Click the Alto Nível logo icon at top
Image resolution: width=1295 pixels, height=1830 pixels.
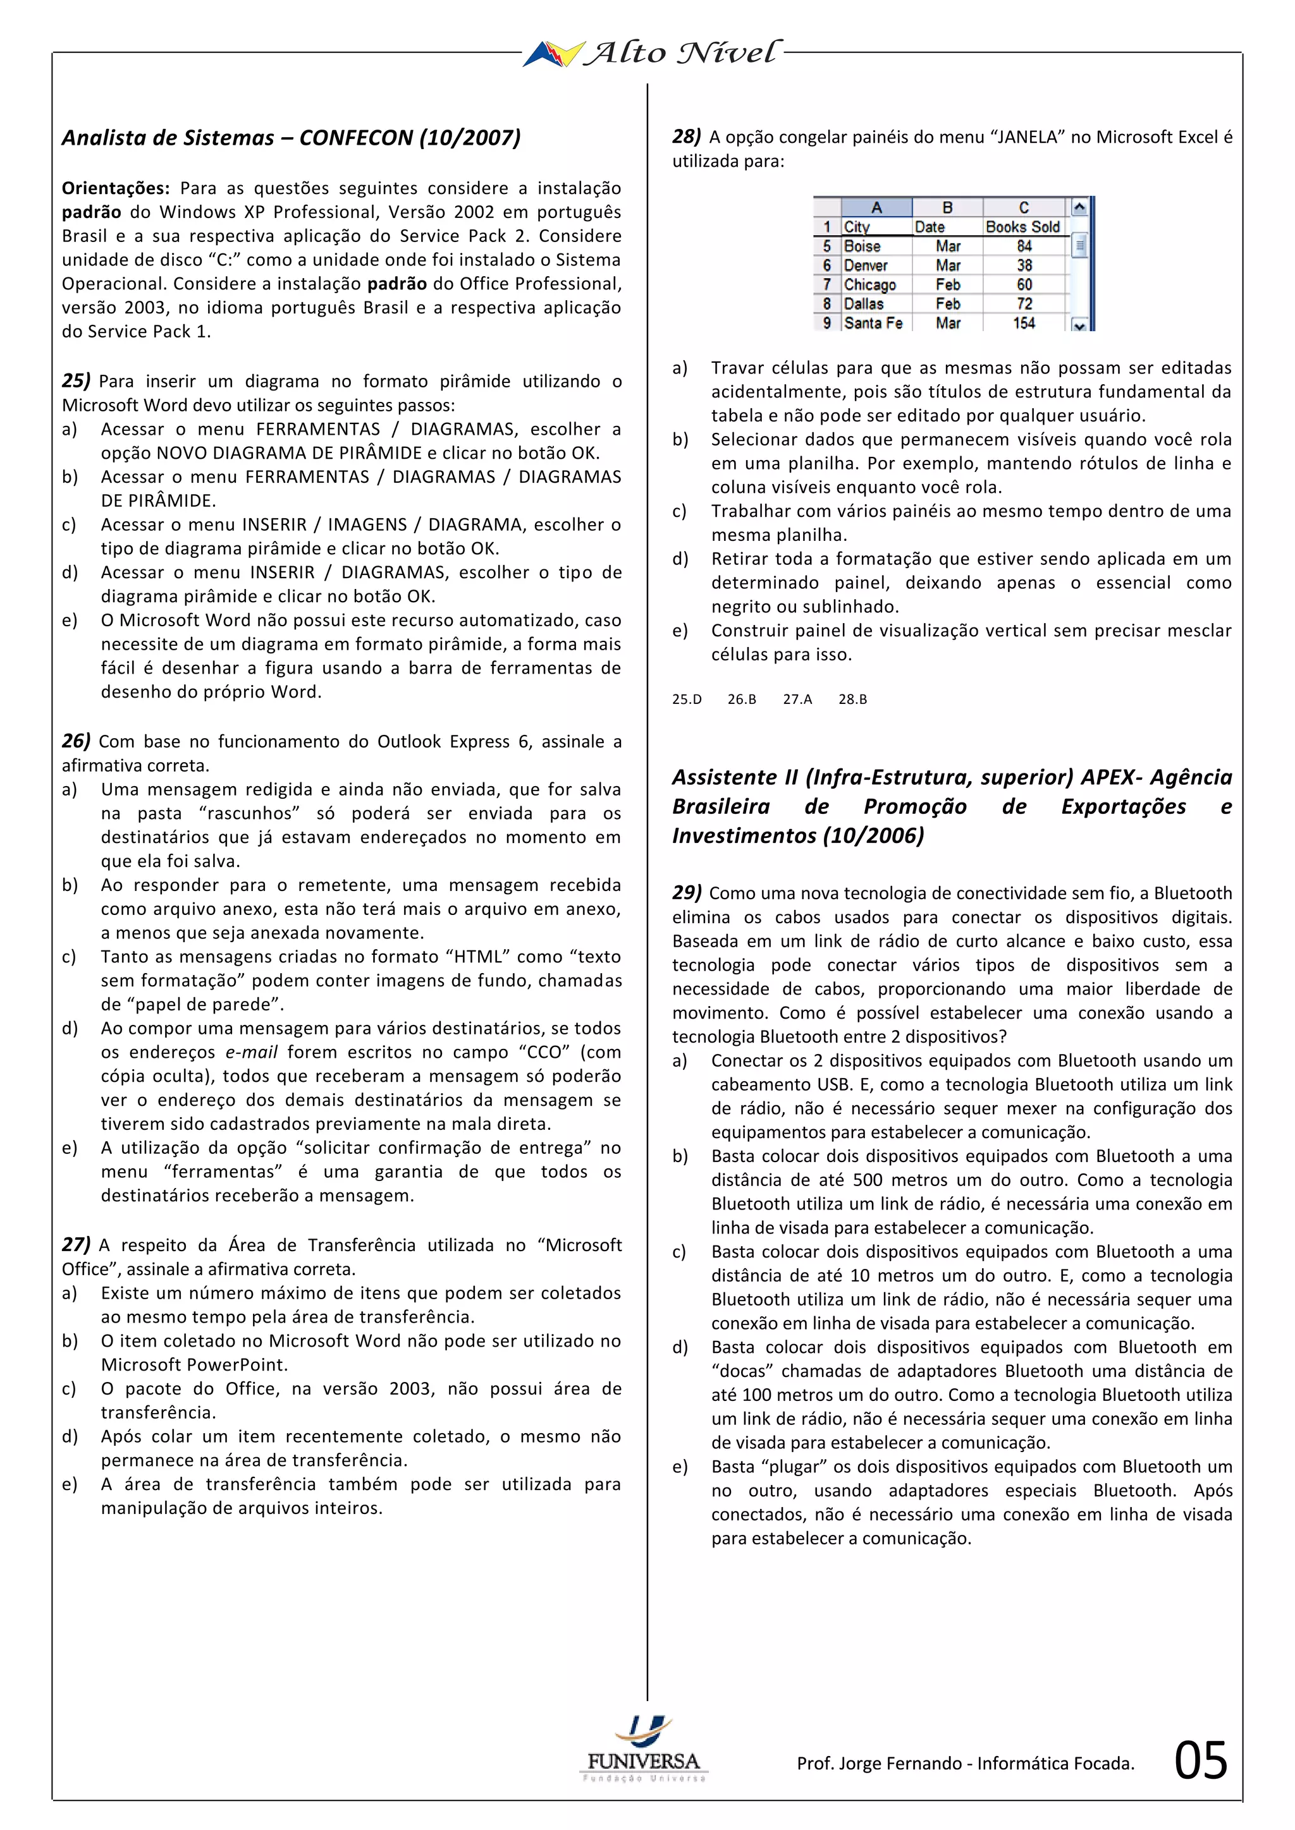(x=553, y=54)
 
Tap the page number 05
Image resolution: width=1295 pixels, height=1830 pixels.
(x=1200, y=1760)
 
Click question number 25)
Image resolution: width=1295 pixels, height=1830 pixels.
(x=76, y=381)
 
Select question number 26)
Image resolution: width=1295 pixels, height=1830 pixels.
(x=76, y=741)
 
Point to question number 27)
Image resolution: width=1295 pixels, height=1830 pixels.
(x=76, y=1245)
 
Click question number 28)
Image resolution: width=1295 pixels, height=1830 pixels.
(x=687, y=136)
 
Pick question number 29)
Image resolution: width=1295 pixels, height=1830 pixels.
(x=687, y=893)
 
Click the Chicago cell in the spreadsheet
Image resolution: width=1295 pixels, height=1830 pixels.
(x=869, y=284)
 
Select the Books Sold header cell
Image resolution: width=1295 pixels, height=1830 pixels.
(x=1022, y=227)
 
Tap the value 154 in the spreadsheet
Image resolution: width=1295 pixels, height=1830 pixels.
(x=1024, y=323)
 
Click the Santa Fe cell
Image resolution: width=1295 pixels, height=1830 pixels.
(x=873, y=323)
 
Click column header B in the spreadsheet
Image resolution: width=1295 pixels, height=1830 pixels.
(x=947, y=207)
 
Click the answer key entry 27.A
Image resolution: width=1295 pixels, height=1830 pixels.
(x=797, y=699)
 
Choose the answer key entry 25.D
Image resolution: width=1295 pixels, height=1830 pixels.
(x=687, y=699)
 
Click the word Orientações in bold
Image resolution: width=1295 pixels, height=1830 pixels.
(x=116, y=188)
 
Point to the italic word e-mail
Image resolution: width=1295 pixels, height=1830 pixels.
(x=251, y=1052)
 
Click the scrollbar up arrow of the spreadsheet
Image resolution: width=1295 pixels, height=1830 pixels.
(x=1079, y=208)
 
